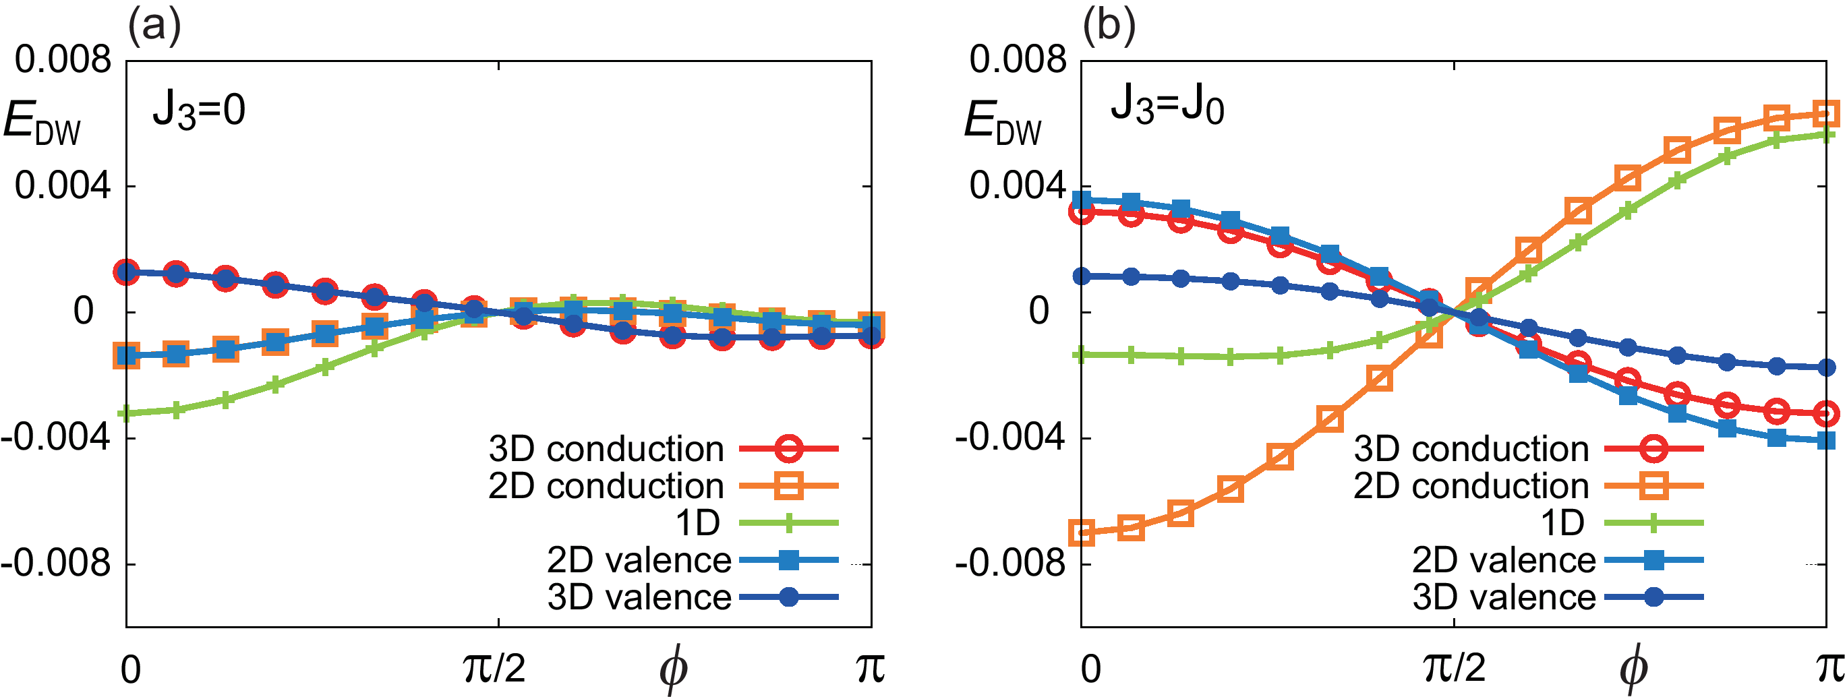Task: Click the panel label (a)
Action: pos(154,26)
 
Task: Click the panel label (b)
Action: pos(1109,26)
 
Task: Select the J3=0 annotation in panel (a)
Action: pos(199,111)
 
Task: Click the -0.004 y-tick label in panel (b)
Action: pos(1011,437)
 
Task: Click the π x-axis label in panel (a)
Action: pos(870,668)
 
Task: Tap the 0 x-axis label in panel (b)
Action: pos(1090,668)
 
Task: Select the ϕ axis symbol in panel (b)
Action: pos(1633,670)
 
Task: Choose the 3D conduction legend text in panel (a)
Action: pos(606,449)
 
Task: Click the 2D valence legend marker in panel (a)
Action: pos(788,560)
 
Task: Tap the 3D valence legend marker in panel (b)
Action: pos(1653,597)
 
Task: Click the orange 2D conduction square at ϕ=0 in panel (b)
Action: pos(1082,533)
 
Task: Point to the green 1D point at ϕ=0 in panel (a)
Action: pos(127,413)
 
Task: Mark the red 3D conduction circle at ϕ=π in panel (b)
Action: pos(1825,414)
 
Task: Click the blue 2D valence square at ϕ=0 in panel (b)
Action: pos(1082,200)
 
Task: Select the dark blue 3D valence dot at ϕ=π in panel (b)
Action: pos(1825,368)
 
